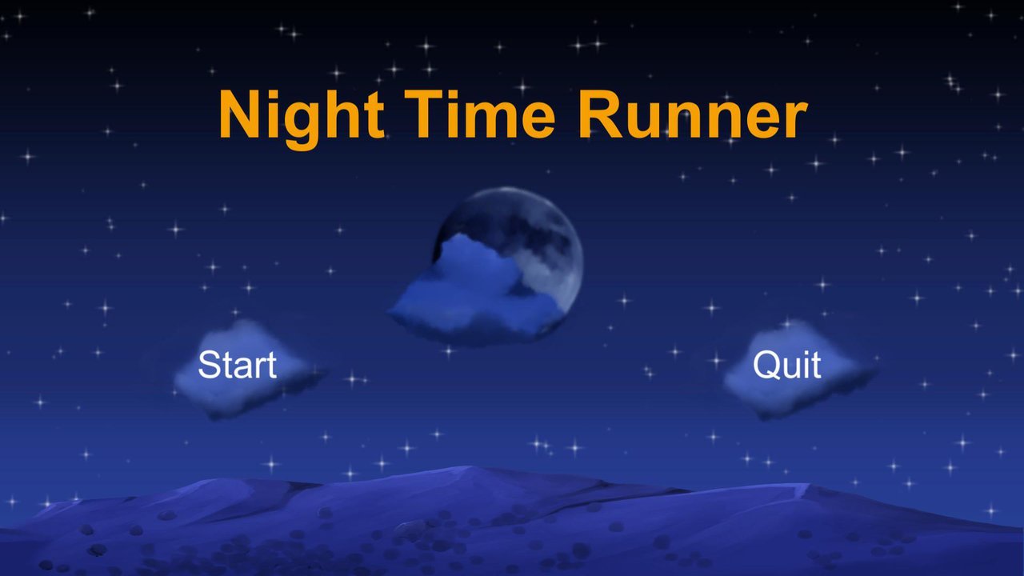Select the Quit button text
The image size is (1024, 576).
(x=786, y=366)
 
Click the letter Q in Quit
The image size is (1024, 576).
(x=766, y=366)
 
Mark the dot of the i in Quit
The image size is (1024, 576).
(x=806, y=354)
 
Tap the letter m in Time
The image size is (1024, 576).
(x=494, y=120)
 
